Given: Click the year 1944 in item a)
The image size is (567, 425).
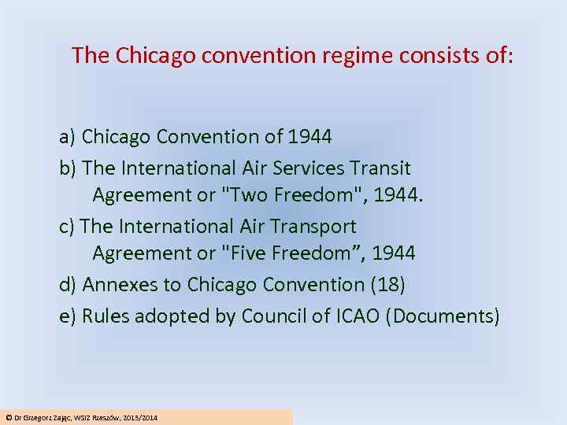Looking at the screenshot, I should pos(309,137).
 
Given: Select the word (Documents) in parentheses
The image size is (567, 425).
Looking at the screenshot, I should pos(445,316).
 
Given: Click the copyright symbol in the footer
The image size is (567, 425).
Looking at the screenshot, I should pos(9,417).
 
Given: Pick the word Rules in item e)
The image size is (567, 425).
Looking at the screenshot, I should pos(106,316).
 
